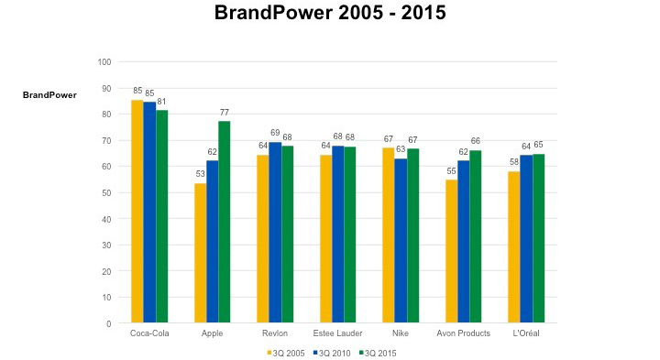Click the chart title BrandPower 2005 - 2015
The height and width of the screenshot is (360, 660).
[x=329, y=14]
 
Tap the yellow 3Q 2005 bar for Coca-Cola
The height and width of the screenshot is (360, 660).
[x=137, y=212]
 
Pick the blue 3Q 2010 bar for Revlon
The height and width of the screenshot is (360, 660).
[x=275, y=233]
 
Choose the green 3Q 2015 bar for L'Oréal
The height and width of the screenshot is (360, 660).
[x=539, y=238]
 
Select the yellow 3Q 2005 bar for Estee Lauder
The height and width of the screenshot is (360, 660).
[x=325, y=239]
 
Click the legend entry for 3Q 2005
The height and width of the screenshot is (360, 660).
[x=286, y=352]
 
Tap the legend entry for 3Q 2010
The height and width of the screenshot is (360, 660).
[x=333, y=352]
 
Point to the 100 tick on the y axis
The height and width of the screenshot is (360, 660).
[x=104, y=62]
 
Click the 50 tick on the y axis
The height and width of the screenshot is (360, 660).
[x=106, y=193]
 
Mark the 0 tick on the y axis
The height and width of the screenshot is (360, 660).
[x=109, y=324]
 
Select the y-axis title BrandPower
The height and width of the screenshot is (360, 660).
[x=49, y=94]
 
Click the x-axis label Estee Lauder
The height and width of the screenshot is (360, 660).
[x=337, y=333]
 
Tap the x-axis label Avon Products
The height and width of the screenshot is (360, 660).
[x=463, y=333]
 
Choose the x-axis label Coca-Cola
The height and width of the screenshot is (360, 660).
[x=149, y=333]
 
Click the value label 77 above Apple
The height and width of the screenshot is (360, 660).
[x=225, y=113]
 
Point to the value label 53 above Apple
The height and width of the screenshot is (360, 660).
[x=200, y=175]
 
